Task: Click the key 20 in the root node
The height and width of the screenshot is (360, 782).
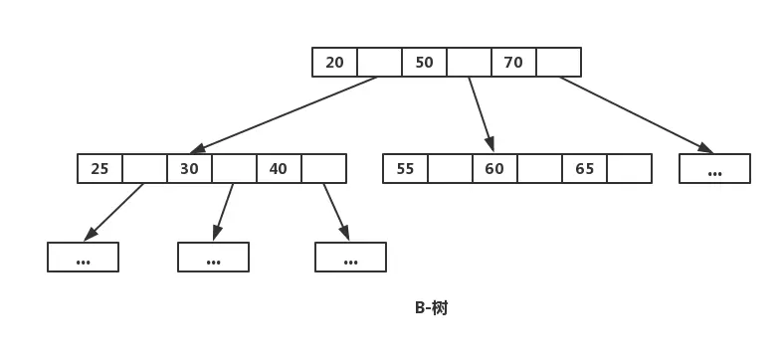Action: (334, 63)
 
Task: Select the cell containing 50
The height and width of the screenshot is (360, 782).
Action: (424, 63)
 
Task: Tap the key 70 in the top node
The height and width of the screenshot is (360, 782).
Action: (513, 63)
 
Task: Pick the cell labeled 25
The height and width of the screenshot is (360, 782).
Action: (99, 169)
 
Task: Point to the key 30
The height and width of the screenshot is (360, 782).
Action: (189, 169)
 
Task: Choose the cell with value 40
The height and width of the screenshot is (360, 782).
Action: (279, 169)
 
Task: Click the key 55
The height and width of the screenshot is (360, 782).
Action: (405, 169)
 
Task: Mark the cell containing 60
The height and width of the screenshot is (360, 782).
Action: (494, 169)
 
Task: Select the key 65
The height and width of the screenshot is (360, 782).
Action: (584, 169)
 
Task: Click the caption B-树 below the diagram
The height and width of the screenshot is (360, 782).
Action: (431, 308)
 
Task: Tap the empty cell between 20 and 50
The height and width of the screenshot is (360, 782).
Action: (379, 63)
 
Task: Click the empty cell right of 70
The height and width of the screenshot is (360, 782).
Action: (558, 63)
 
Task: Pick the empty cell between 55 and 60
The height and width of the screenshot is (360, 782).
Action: (450, 169)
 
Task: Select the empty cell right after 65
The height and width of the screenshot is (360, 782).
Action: (629, 169)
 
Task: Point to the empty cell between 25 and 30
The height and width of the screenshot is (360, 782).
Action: (144, 169)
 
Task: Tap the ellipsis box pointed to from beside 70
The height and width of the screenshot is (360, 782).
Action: (714, 169)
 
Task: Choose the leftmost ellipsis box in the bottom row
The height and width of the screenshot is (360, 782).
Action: (83, 258)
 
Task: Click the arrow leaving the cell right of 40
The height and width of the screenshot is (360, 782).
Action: (335, 211)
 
